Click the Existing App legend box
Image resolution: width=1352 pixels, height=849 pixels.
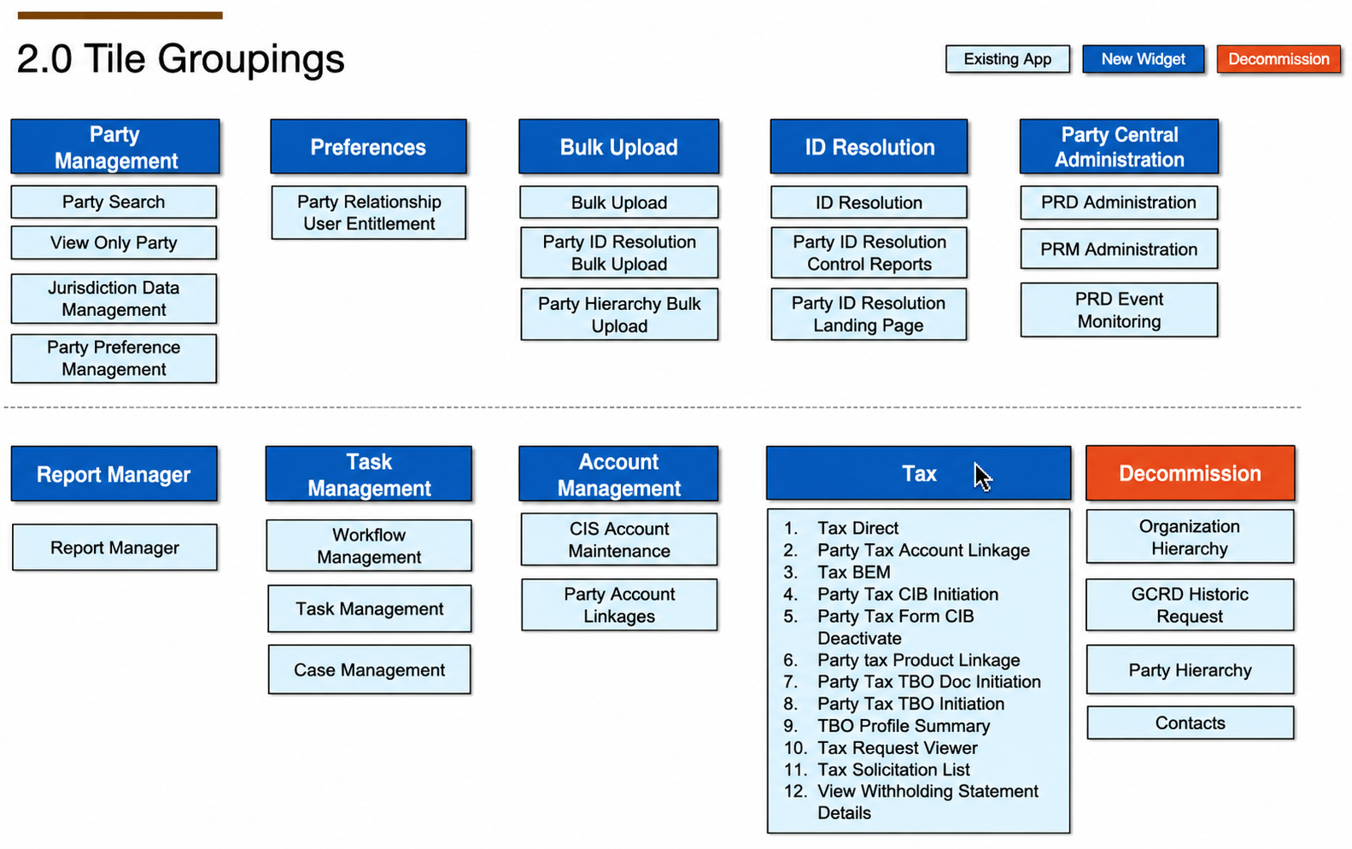point(1007,59)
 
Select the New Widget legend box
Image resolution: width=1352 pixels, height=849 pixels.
point(1143,59)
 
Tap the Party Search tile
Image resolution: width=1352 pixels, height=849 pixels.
point(114,202)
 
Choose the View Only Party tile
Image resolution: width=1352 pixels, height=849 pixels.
point(114,243)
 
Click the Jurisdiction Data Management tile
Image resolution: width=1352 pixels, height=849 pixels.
point(114,299)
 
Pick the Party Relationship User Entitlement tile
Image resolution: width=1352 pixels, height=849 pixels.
point(369,213)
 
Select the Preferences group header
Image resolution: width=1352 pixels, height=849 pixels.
point(368,147)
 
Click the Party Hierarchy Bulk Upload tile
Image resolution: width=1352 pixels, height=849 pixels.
point(619,314)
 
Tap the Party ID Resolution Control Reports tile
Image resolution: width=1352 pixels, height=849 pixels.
point(869,253)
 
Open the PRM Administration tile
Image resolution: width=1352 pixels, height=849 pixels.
point(1119,249)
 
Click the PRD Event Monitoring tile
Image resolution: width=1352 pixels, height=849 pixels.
point(1119,310)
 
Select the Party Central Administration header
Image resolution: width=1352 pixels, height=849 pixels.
point(1119,147)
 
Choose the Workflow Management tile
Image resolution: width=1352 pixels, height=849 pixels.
point(369,546)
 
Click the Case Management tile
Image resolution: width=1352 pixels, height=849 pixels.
point(369,670)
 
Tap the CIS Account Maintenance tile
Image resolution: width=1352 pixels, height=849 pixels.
point(619,540)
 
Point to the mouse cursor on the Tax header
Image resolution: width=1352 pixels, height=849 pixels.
point(983,477)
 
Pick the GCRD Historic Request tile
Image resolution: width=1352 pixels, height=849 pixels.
point(1190,606)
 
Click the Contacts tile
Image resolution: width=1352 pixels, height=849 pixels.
point(1191,723)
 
